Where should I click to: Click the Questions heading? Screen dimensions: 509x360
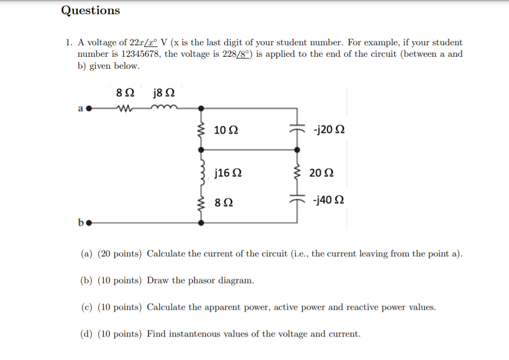pyautogui.click(x=91, y=10)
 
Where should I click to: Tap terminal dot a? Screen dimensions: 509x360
pyautogui.click(x=88, y=108)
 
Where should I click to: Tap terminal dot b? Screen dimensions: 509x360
pyautogui.click(x=88, y=223)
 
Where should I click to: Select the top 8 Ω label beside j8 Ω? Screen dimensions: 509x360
pyautogui.click(x=122, y=93)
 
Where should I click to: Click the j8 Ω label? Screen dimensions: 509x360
pyautogui.click(x=165, y=93)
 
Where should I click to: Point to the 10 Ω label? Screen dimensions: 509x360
pyautogui.click(x=226, y=130)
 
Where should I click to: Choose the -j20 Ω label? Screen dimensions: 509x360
pyautogui.click(x=329, y=130)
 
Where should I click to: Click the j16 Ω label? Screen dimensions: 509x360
pyautogui.click(x=229, y=173)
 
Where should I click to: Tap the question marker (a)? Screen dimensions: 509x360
pyautogui.click(x=86, y=254)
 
